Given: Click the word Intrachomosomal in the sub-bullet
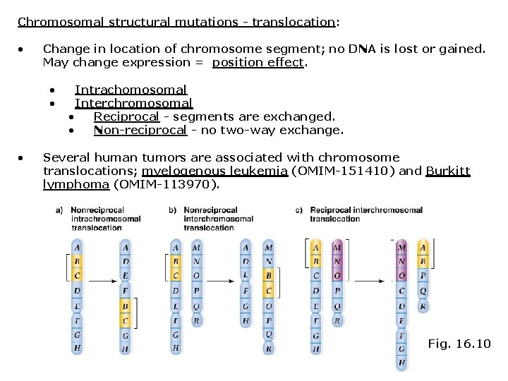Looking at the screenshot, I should [131, 90].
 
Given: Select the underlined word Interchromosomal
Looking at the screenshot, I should [133, 103].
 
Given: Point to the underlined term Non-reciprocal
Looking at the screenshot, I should [140, 130].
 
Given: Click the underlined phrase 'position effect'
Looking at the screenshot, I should [258, 62].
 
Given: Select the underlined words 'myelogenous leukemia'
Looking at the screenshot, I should [214, 171].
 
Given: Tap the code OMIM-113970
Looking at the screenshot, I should [166, 185].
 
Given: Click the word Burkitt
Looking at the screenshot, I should [447, 171].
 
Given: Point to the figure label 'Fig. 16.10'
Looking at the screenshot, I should [459, 344].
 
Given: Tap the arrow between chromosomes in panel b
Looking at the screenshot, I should [222, 281].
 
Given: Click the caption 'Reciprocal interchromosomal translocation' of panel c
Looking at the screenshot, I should [365, 214].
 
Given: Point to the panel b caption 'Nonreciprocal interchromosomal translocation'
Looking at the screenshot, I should [218, 219].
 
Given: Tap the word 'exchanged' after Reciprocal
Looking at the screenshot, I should [303, 116].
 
